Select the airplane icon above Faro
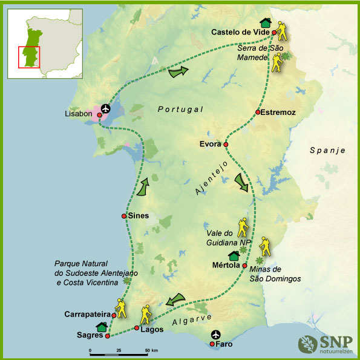[x=216, y=335]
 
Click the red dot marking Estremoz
[x=258, y=112]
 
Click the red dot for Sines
[x=124, y=216]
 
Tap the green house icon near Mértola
[x=234, y=256]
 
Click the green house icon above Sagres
[x=102, y=327]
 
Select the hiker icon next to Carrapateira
[x=121, y=309]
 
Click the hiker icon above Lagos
[x=146, y=315]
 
